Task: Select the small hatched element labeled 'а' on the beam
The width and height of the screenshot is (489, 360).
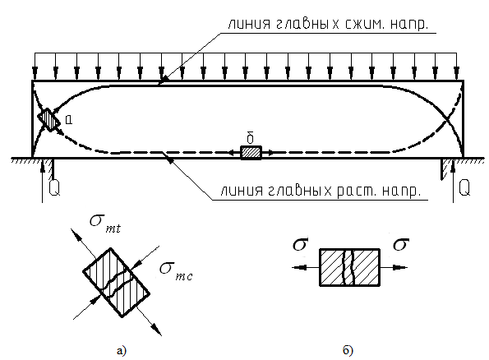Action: (x=49, y=120)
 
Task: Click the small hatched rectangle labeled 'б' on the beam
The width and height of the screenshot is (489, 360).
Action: (x=251, y=153)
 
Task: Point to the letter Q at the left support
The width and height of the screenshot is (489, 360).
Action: (x=54, y=187)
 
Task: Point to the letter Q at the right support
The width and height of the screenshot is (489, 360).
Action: (x=464, y=187)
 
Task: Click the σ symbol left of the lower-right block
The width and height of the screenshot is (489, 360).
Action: (x=301, y=244)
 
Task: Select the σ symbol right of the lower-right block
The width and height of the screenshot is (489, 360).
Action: (x=401, y=244)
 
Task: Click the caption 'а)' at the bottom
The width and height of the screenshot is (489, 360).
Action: (x=122, y=351)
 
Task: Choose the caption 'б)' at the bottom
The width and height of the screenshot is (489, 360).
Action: (x=348, y=350)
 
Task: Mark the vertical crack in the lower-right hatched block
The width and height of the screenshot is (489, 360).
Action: (x=349, y=267)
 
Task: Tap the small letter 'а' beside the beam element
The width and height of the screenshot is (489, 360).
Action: (x=69, y=119)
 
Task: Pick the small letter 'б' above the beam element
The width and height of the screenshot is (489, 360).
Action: (x=250, y=137)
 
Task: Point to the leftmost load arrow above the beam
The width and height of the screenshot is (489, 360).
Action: (x=35, y=67)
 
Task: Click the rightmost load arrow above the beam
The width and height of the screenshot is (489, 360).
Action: (x=457, y=67)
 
